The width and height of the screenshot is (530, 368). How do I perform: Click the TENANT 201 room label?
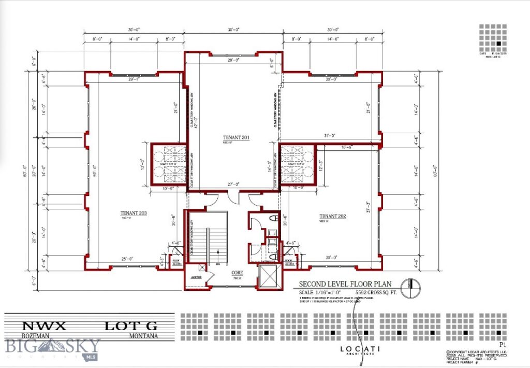coord(237,137)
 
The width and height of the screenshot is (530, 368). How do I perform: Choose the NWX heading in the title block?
coord(43,326)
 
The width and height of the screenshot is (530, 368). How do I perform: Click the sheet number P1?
coord(501,344)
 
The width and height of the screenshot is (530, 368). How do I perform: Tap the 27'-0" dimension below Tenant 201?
coord(233,184)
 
